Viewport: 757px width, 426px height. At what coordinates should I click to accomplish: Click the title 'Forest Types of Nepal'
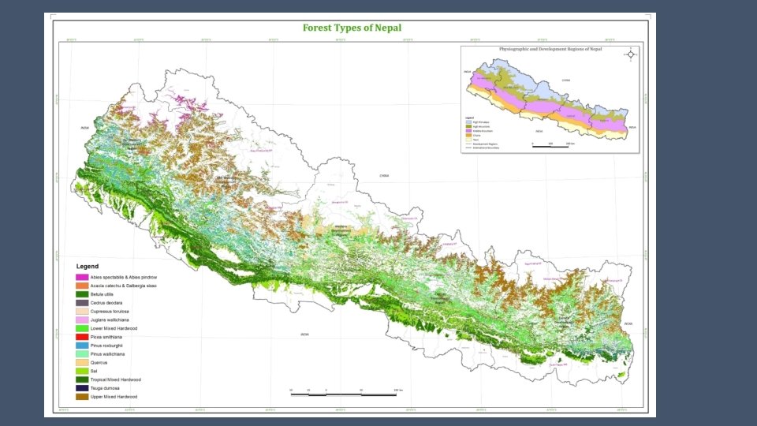click(x=352, y=28)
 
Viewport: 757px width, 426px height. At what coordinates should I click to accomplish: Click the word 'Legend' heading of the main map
click(x=87, y=267)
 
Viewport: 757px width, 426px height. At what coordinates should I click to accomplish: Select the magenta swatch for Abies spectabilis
click(x=81, y=277)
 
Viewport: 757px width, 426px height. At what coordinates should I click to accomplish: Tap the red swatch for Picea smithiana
click(x=81, y=336)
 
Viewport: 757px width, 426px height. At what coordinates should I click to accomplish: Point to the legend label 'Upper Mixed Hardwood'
click(x=114, y=397)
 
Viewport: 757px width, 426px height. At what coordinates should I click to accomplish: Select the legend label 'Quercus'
click(x=99, y=362)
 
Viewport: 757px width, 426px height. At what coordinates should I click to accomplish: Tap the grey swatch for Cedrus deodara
click(x=81, y=302)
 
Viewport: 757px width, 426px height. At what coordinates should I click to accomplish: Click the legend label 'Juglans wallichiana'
click(x=111, y=319)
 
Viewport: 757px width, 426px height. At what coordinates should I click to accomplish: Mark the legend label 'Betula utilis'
click(x=103, y=293)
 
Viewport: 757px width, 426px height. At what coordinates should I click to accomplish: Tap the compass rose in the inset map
click(x=630, y=54)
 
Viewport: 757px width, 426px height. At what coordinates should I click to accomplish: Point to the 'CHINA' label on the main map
click(x=384, y=175)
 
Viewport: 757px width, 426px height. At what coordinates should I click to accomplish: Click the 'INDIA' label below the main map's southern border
click(x=304, y=334)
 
